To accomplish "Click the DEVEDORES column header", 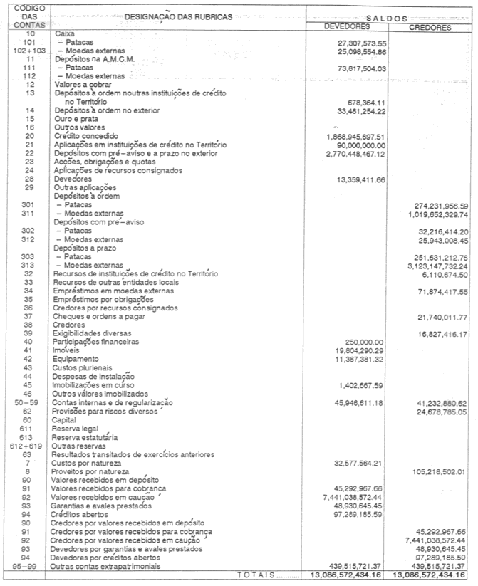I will coord(347,27).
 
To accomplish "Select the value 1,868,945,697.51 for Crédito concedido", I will coord(355,136).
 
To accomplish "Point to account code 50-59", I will coord(29,402).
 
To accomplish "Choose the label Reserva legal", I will coord(76,427).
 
